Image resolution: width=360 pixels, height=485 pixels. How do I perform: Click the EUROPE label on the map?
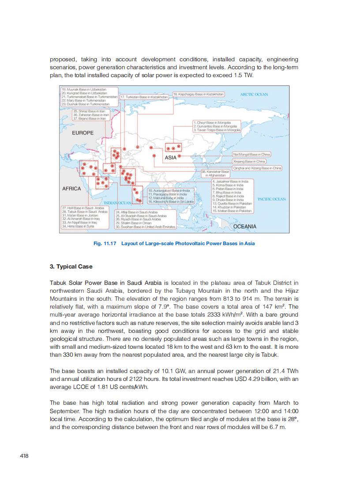[x=83, y=133]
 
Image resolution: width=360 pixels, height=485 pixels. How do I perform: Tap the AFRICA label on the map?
[x=71, y=189]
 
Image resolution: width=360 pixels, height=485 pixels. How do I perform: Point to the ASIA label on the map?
[x=171, y=157]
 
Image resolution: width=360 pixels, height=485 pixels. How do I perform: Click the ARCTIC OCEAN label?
[x=254, y=95]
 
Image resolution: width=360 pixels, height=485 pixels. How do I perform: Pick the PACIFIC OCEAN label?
[x=271, y=199]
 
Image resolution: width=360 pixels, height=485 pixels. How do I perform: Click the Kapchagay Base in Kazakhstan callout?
[x=199, y=94]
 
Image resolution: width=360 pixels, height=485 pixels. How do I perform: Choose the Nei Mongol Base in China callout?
[x=251, y=155]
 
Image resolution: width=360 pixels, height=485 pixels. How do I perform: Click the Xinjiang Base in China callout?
[x=249, y=161]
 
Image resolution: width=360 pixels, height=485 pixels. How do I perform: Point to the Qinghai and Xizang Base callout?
[x=257, y=168]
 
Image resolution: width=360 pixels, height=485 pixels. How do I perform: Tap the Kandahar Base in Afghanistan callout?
[x=215, y=173]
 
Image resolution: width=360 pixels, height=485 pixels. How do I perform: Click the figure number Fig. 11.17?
[x=105, y=243]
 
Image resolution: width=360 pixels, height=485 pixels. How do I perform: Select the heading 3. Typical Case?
[x=71, y=267]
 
